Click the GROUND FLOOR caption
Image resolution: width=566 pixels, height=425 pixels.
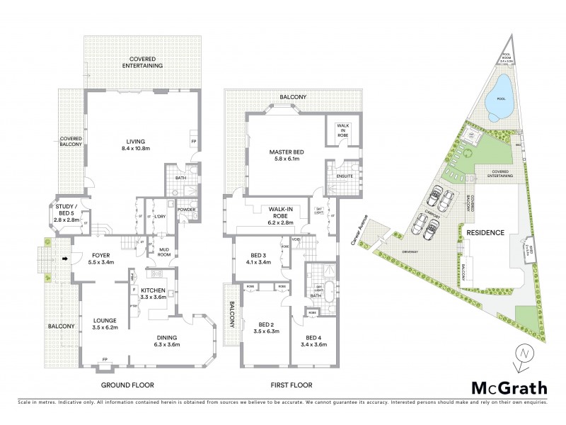coord(128,385)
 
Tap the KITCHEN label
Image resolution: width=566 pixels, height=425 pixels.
coord(153,295)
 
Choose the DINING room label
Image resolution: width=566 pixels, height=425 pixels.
coord(168,341)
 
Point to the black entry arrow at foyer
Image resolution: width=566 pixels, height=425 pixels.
coord(65,259)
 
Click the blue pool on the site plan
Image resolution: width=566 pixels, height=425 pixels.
coord(500,104)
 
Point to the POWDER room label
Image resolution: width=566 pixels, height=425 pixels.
coord(187,210)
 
